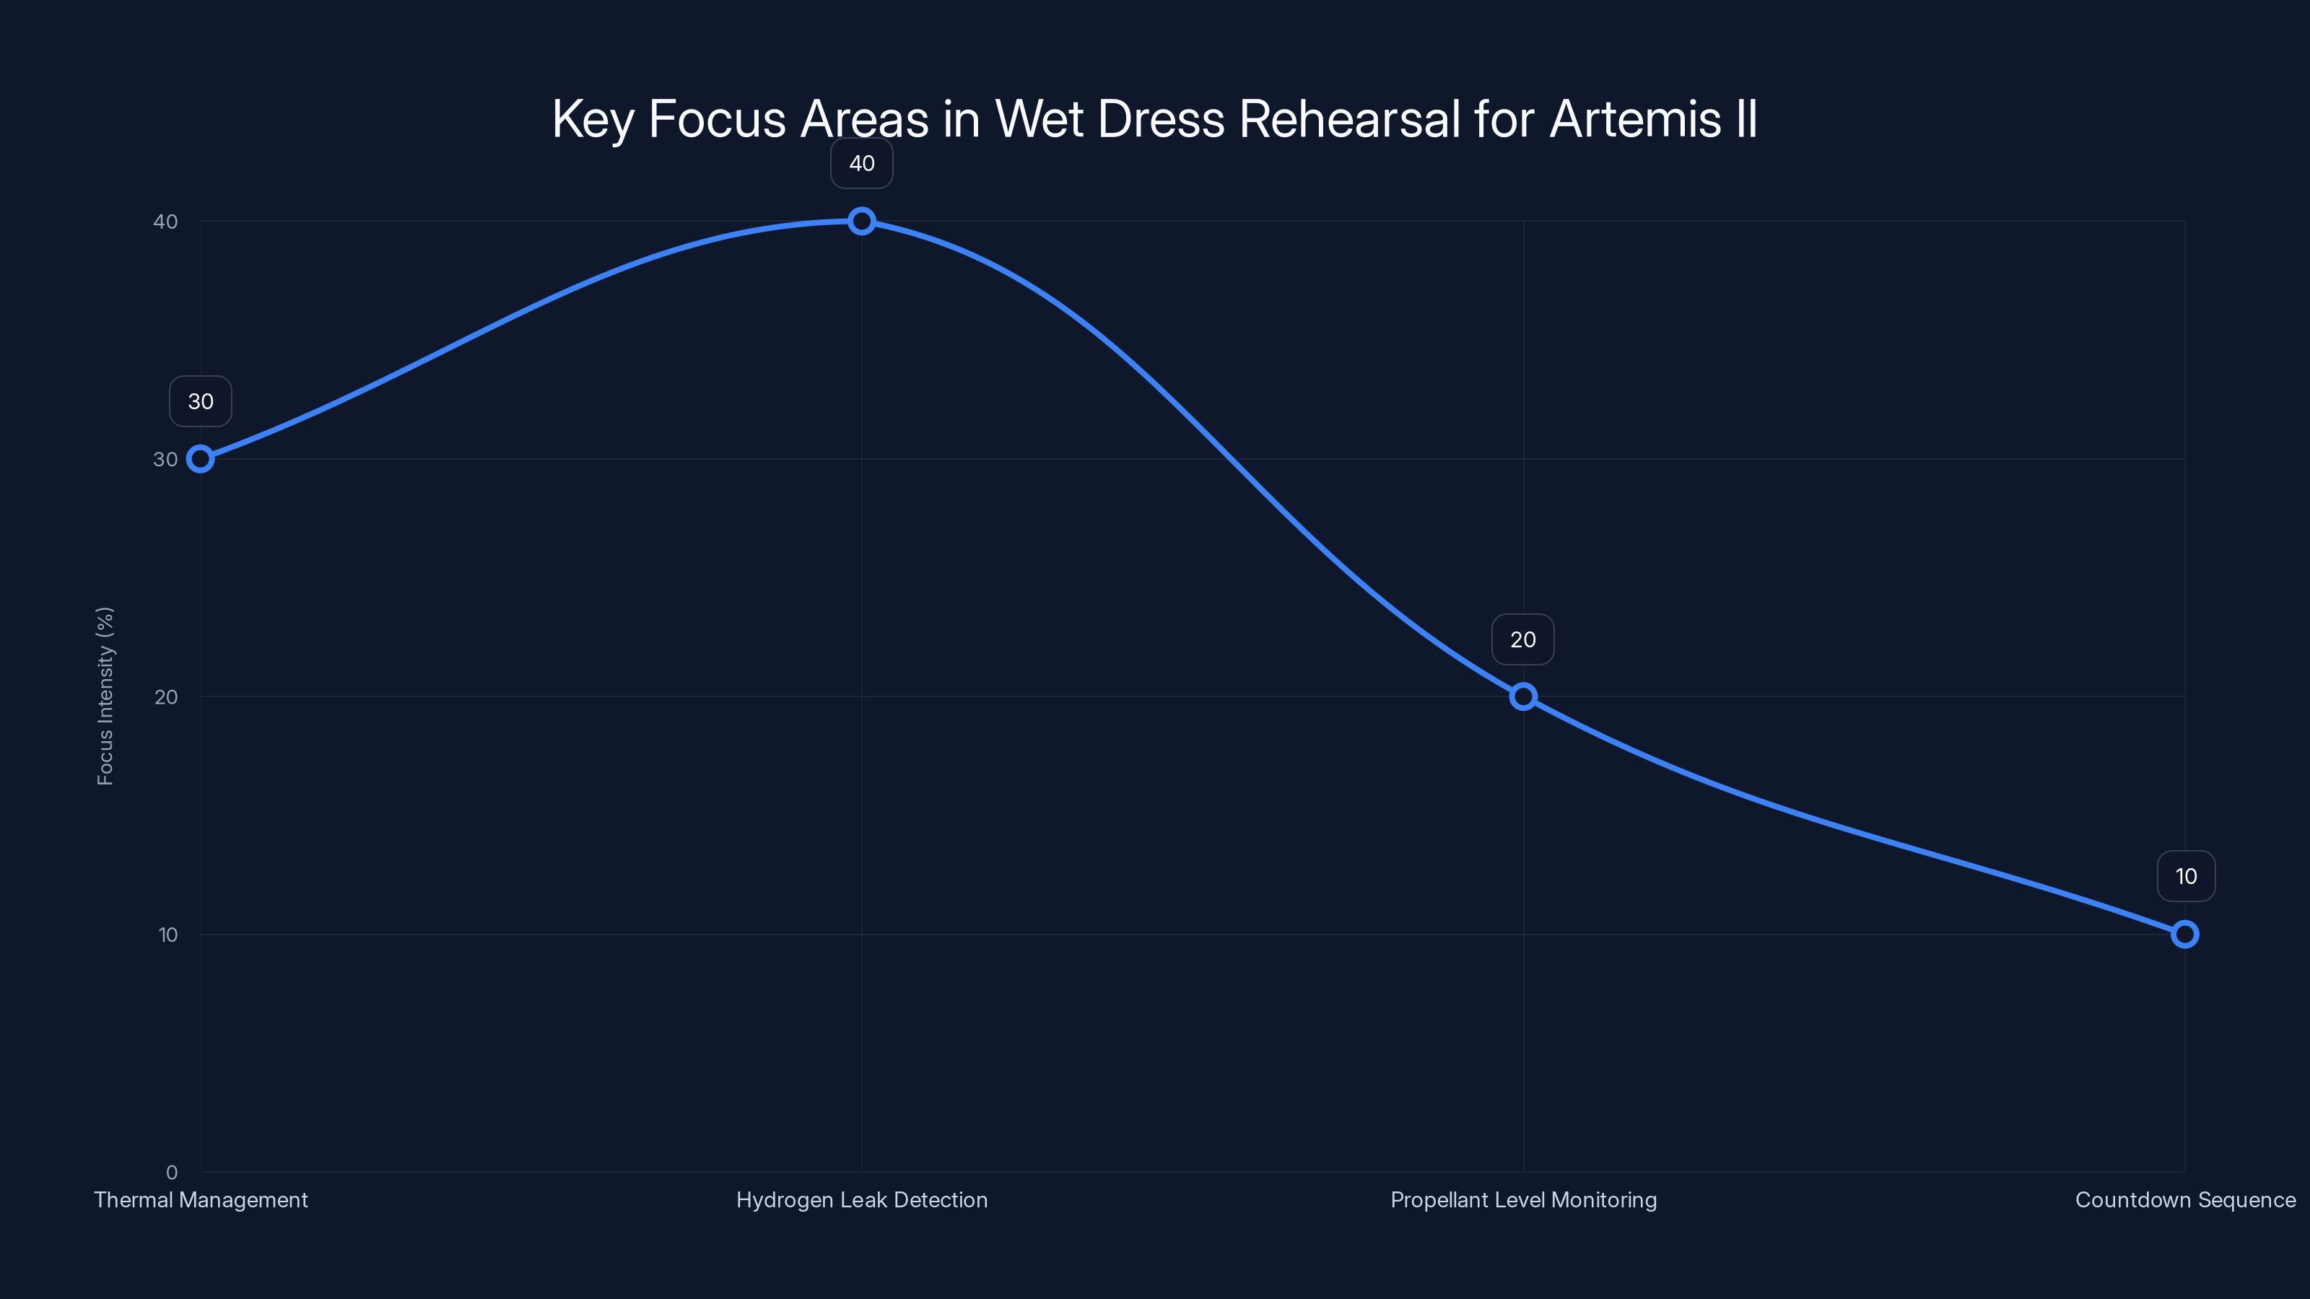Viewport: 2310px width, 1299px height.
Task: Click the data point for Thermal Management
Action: point(200,459)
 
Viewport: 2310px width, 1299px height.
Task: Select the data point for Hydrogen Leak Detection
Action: point(862,222)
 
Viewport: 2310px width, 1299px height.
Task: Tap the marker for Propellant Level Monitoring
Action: point(1522,696)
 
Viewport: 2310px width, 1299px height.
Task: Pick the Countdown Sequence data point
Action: point(2184,934)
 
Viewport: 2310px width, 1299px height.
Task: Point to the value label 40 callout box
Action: point(862,163)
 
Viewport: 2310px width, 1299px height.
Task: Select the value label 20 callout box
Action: point(1522,639)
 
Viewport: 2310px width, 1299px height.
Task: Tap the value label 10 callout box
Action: point(2185,876)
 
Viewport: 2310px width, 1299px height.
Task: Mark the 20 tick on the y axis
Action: point(166,696)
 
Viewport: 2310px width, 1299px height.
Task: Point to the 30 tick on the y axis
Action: point(166,459)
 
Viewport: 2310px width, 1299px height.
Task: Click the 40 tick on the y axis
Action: point(166,222)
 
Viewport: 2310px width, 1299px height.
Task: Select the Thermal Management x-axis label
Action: point(201,1199)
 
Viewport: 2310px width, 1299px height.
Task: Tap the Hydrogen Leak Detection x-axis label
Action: point(862,1199)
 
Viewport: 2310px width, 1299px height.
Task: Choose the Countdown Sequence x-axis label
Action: point(2185,1199)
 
